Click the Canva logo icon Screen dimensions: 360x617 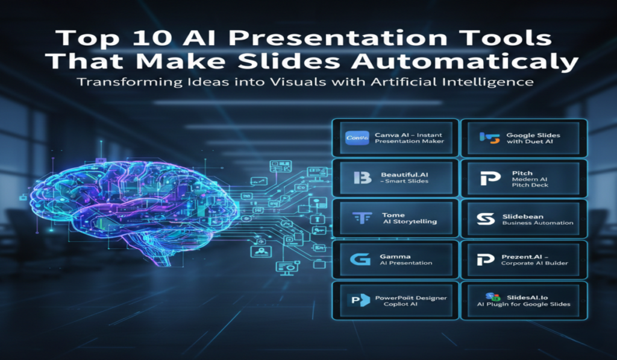358,137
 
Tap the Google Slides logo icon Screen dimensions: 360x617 486,137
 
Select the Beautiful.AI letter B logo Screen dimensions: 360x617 360,178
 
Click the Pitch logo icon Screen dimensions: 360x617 486,178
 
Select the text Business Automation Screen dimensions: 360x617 538,223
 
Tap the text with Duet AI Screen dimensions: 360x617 530,142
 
